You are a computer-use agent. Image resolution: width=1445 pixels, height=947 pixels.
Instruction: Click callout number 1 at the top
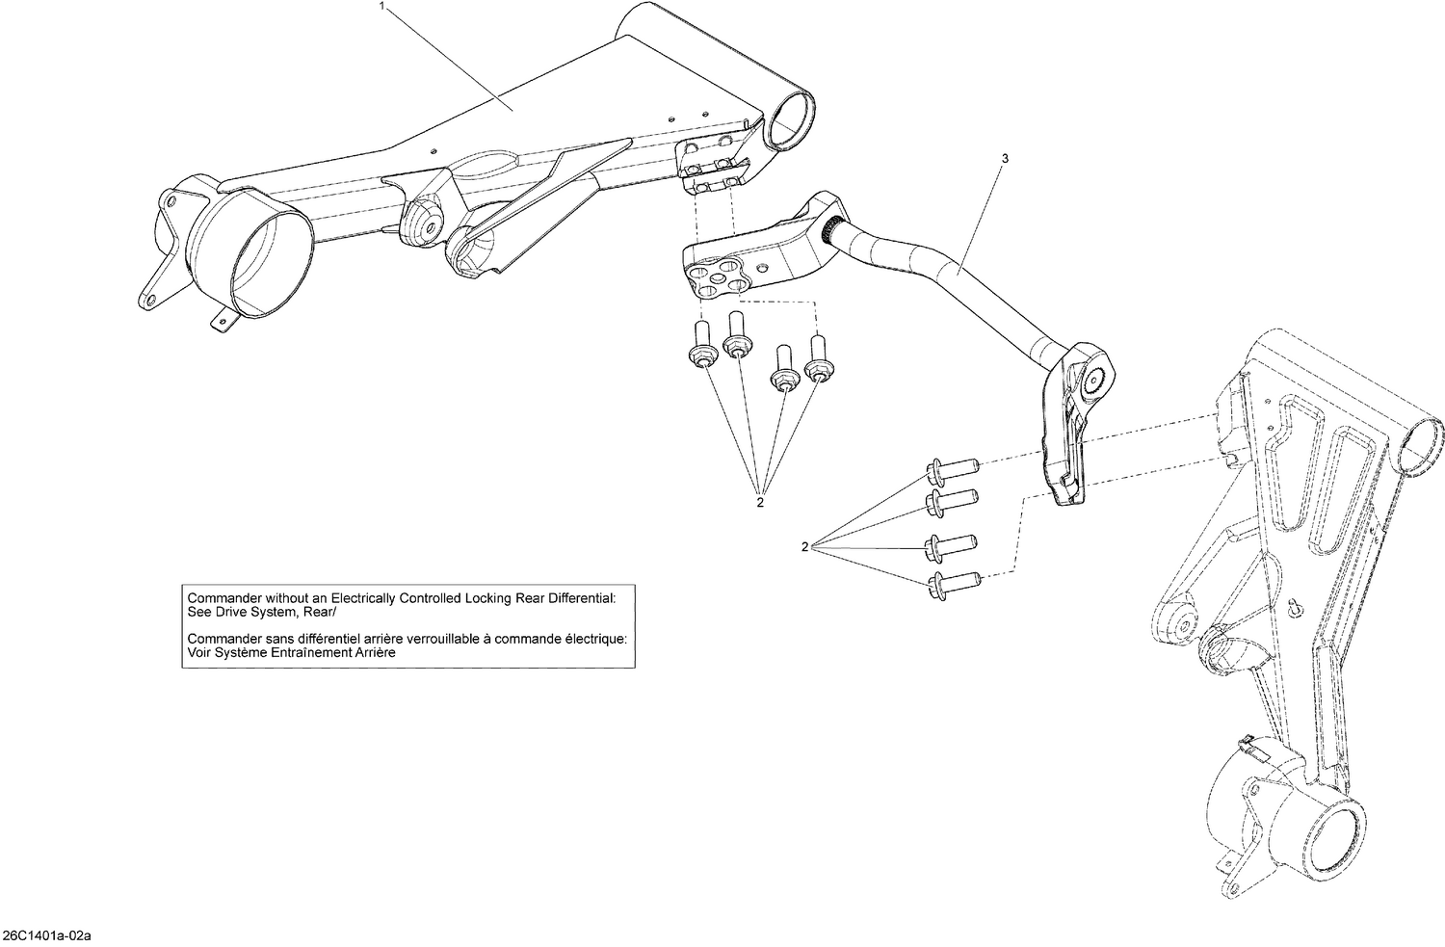(383, 6)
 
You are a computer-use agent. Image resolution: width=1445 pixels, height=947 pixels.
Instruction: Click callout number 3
(1005, 158)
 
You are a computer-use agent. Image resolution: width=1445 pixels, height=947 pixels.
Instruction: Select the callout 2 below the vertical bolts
(760, 502)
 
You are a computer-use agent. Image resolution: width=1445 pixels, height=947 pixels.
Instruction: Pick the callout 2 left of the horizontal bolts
(804, 547)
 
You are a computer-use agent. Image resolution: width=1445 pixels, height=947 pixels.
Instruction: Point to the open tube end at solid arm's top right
(790, 122)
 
